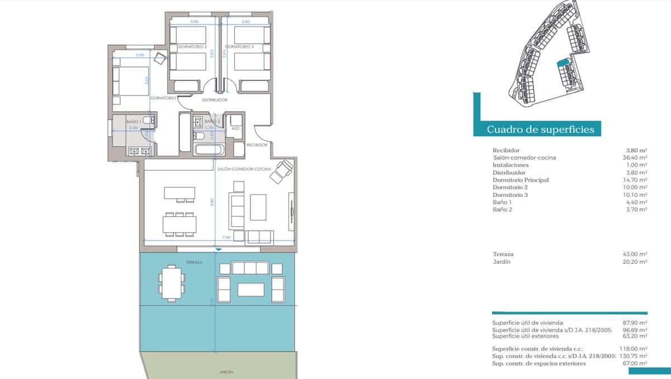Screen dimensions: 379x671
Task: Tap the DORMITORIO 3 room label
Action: pos(240,47)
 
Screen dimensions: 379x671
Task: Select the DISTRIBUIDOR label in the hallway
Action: pos(214,100)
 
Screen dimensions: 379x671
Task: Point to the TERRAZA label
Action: pos(195,262)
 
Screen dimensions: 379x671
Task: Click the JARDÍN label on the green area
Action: pos(226,372)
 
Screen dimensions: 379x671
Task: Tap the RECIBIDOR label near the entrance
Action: pos(258,144)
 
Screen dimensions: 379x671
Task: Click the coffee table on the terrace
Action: pos(251,289)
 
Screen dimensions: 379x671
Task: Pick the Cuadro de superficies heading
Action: pos(540,130)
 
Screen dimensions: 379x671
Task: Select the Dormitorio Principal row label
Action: pos(521,180)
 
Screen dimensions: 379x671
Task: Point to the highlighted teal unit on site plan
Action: pos(562,64)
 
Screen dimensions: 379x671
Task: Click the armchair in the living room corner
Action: pos(281,170)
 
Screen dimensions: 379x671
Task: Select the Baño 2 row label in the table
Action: pos(502,209)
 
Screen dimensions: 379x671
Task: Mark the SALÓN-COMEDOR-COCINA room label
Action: pos(244,168)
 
